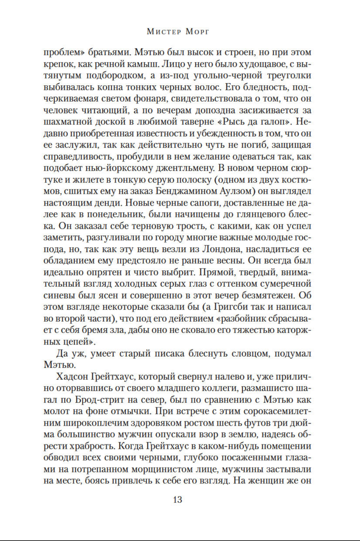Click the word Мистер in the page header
tap(163, 32)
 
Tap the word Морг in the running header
tap(197, 32)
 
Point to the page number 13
tap(178, 500)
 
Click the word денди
tap(109, 203)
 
